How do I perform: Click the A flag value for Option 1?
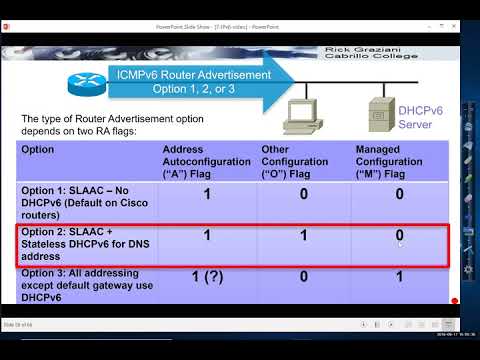(x=207, y=195)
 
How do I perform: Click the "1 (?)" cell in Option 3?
(x=207, y=278)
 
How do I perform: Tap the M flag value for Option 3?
(x=399, y=278)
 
